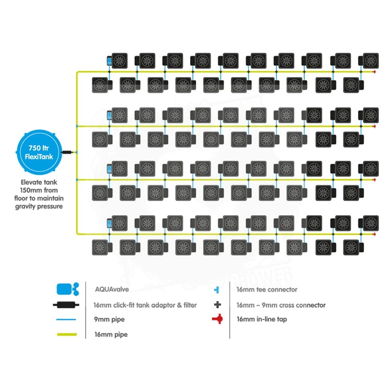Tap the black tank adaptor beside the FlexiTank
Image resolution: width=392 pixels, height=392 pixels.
[x=68, y=152]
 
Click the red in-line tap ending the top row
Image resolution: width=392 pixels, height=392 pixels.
[x=375, y=72]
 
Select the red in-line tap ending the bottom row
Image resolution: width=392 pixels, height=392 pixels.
[x=375, y=234]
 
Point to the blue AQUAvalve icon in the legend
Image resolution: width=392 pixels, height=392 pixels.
[x=67, y=289]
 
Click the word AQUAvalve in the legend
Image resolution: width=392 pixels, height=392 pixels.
[x=111, y=289]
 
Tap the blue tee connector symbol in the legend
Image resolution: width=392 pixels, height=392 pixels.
[x=216, y=289]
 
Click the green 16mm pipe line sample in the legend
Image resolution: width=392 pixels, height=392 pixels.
[x=67, y=335]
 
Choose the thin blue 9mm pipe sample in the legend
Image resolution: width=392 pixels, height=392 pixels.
[x=67, y=319]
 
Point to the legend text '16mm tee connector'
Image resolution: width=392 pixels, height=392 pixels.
[x=267, y=289]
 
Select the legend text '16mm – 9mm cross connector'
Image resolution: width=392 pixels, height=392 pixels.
[x=281, y=305]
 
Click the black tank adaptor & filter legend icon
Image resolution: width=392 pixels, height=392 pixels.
[x=67, y=305]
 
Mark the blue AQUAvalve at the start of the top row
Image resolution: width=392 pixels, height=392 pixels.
[x=109, y=61]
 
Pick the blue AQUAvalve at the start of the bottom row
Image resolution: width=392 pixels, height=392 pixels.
[x=109, y=223]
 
